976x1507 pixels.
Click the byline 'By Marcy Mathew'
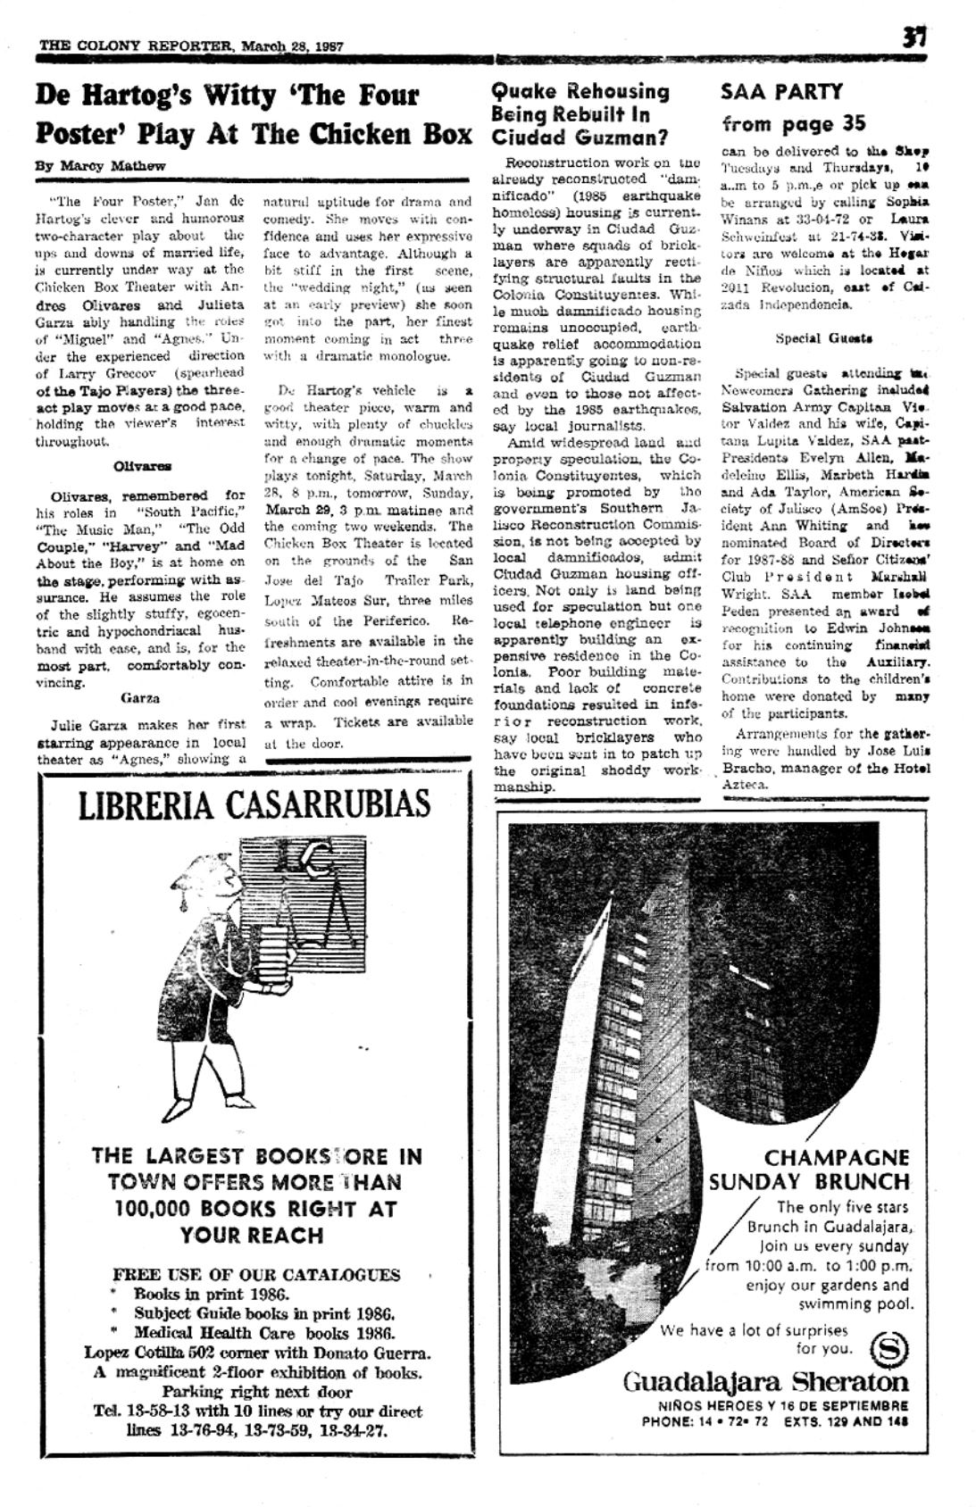(100, 165)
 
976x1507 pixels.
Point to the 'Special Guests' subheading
(811, 338)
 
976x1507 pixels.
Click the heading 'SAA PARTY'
(781, 92)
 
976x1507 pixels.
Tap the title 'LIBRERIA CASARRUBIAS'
(254, 804)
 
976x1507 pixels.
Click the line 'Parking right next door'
(257, 1391)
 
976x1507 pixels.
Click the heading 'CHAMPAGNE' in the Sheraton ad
(837, 1157)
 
